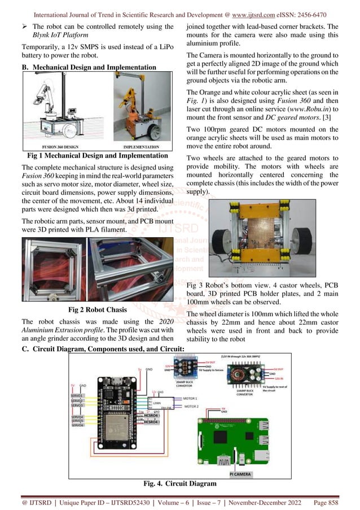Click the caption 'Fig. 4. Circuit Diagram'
point(179,484)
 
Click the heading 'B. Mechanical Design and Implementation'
point(97,68)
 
